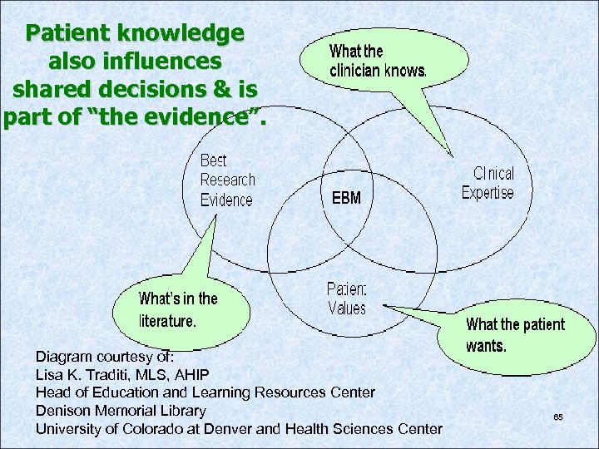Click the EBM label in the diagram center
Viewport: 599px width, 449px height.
[346, 198]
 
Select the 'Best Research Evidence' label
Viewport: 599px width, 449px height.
[227, 180]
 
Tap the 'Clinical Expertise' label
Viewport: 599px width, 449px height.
[488, 183]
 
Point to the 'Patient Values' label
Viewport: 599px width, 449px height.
[347, 299]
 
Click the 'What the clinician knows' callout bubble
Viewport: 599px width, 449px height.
[379, 60]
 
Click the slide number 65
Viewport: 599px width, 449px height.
[558, 417]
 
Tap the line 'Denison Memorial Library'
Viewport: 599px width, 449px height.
[121, 410]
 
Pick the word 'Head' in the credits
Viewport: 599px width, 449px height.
[52, 392]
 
